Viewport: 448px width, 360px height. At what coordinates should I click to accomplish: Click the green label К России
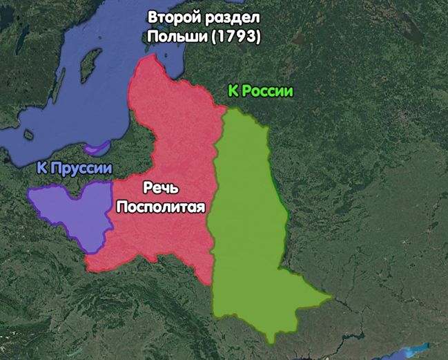tap(260, 91)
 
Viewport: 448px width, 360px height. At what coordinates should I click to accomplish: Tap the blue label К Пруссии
tap(75, 168)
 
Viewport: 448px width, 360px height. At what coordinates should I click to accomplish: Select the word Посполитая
tap(162, 206)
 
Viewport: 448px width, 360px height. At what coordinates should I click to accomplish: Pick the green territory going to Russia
tap(249, 221)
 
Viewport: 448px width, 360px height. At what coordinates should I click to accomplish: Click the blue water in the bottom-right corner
tap(414, 352)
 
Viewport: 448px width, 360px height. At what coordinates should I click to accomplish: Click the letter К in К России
tap(233, 91)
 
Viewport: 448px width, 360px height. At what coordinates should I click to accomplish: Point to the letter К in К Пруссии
tap(43, 168)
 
